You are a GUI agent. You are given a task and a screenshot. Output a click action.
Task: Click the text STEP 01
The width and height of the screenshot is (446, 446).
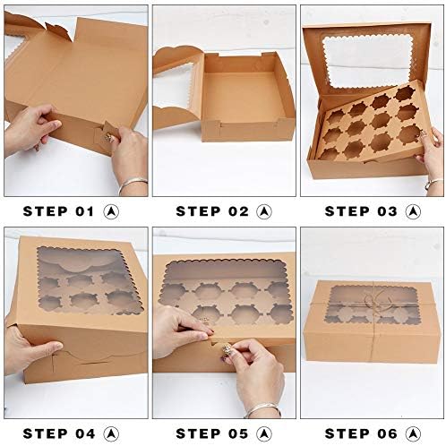pyautogui.click(x=58, y=211)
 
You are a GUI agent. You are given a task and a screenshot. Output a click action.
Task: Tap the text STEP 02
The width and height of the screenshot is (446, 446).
pyautogui.click(x=212, y=211)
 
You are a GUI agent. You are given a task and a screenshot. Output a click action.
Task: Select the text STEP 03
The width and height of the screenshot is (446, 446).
pyautogui.click(x=361, y=211)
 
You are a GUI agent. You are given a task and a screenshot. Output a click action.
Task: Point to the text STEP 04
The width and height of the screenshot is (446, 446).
pyautogui.click(x=59, y=433)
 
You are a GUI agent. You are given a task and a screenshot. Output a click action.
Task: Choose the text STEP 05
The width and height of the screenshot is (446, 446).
pyautogui.click(x=212, y=433)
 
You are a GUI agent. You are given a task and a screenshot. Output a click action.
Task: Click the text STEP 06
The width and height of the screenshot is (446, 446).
pyautogui.click(x=361, y=433)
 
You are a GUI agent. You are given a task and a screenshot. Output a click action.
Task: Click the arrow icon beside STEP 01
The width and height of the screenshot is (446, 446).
pyautogui.click(x=111, y=211)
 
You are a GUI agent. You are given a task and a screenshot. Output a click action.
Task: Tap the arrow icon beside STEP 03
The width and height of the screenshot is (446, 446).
pyautogui.click(x=413, y=211)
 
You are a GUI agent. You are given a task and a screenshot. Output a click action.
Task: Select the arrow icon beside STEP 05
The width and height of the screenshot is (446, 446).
pyautogui.click(x=264, y=433)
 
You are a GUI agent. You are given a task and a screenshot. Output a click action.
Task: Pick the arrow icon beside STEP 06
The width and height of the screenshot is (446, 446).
pyautogui.click(x=413, y=433)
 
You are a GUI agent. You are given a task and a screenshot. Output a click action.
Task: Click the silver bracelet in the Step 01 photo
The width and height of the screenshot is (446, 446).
pyautogui.click(x=132, y=185)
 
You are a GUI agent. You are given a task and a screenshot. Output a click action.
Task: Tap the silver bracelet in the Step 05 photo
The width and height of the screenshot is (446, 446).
pyautogui.click(x=262, y=410)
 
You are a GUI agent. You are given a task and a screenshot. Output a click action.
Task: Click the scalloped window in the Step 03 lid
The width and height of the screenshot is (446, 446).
pyautogui.click(x=366, y=62)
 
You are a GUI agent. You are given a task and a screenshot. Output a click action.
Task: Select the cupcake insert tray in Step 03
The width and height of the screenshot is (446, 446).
pyautogui.click(x=373, y=123)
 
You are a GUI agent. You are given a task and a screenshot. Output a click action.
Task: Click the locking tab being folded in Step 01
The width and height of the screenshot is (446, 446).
pyautogui.click(x=105, y=135)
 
